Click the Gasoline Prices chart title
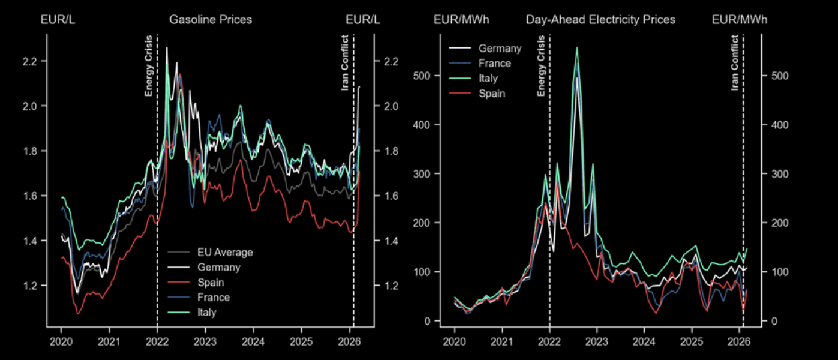click(x=211, y=20)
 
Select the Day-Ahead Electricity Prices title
click(x=600, y=20)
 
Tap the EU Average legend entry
click(x=225, y=253)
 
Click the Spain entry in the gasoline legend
click(x=211, y=283)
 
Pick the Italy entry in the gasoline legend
click(x=206, y=313)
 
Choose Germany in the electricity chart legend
click(x=500, y=49)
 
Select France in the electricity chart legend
click(x=495, y=64)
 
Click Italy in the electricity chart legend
click(x=488, y=79)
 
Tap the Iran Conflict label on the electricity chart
click(x=735, y=63)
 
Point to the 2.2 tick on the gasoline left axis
click(x=30, y=62)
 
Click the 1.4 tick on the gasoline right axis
click(x=390, y=241)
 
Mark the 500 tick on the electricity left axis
click(x=423, y=76)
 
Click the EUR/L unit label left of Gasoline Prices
click(x=58, y=20)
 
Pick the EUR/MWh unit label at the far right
click(x=739, y=20)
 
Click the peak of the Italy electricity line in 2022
click(x=577, y=48)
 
